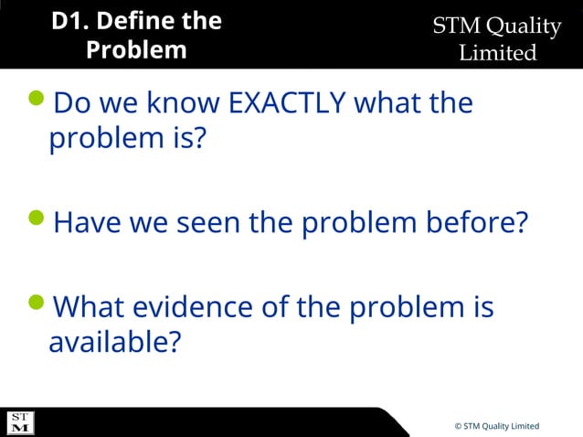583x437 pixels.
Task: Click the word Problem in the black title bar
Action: click(x=136, y=49)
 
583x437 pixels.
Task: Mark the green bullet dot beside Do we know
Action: click(x=38, y=99)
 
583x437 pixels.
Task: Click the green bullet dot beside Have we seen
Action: click(x=38, y=218)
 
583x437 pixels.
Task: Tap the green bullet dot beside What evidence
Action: click(x=38, y=302)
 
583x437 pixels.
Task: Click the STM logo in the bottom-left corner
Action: click(x=20, y=422)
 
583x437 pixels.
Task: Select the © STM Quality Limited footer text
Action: click(x=496, y=426)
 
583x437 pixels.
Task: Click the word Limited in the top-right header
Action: click(x=497, y=53)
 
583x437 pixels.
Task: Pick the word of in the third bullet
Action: click(x=276, y=306)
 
